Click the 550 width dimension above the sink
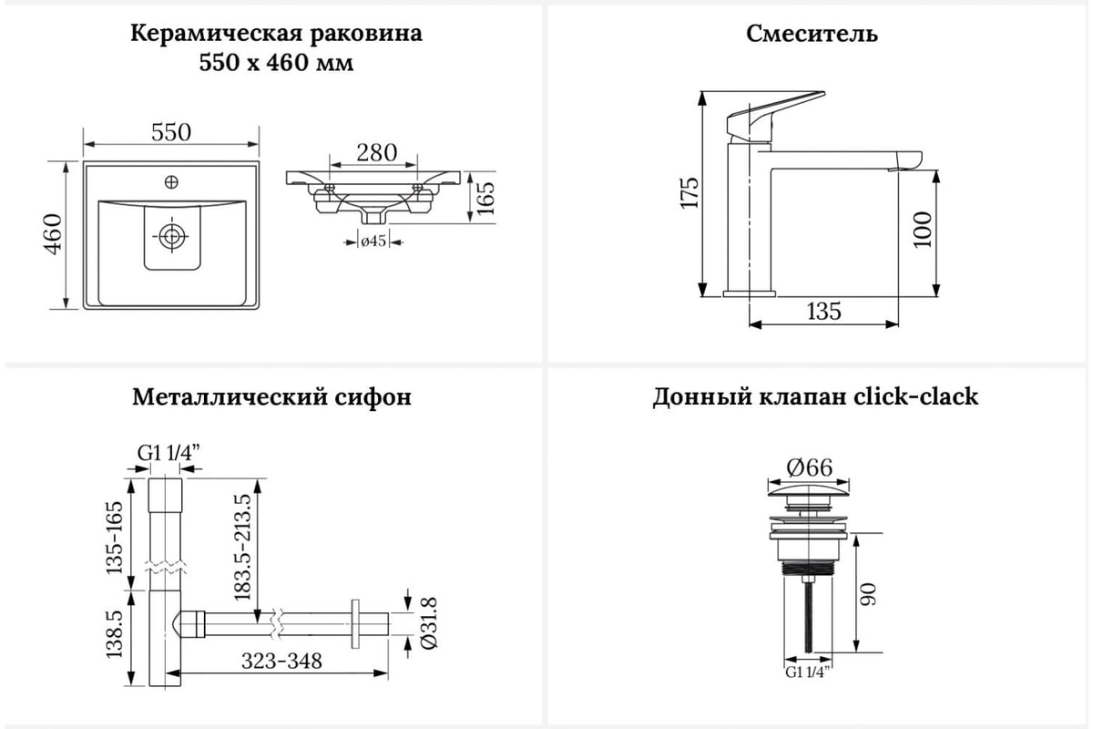(x=171, y=132)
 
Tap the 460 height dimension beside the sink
(x=54, y=234)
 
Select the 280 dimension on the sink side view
(x=376, y=153)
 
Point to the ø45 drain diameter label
(x=373, y=241)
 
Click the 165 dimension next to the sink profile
(x=485, y=198)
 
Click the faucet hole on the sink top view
(x=171, y=182)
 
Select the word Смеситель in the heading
(x=812, y=35)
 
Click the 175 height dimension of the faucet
(x=690, y=193)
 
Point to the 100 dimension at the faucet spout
(x=922, y=230)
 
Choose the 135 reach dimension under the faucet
(x=823, y=311)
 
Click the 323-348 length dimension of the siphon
(x=281, y=662)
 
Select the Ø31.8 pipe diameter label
(x=429, y=623)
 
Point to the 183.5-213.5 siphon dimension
(x=242, y=547)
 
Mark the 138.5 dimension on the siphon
(x=114, y=634)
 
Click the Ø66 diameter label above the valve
(x=809, y=467)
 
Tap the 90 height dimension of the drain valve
(x=868, y=594)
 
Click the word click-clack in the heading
(x=915, y=396)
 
